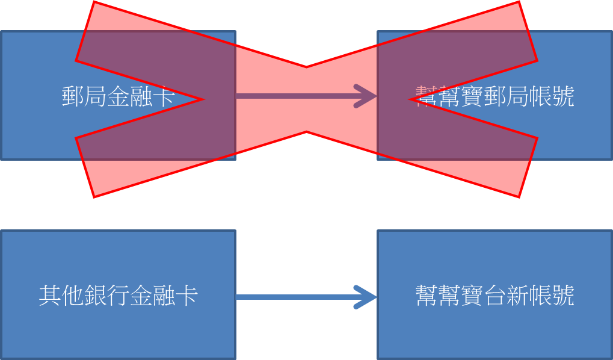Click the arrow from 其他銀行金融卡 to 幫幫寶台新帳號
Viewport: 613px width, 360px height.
301,297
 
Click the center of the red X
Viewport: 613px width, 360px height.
306,99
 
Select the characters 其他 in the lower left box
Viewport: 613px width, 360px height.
61,296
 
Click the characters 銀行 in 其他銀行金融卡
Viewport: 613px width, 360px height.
106,296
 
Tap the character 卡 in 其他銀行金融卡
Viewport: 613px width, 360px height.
186,296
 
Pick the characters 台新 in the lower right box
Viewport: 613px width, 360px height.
506,296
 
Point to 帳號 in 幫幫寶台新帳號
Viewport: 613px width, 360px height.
551,296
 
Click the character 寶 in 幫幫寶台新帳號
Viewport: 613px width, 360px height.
472,296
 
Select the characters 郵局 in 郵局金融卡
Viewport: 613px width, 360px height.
84,96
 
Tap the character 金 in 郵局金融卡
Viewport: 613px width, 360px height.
118,96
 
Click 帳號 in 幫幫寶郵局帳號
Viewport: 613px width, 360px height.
551,96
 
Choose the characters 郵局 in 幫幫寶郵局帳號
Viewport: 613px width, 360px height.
506,96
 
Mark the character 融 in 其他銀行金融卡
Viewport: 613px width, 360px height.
163,296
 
